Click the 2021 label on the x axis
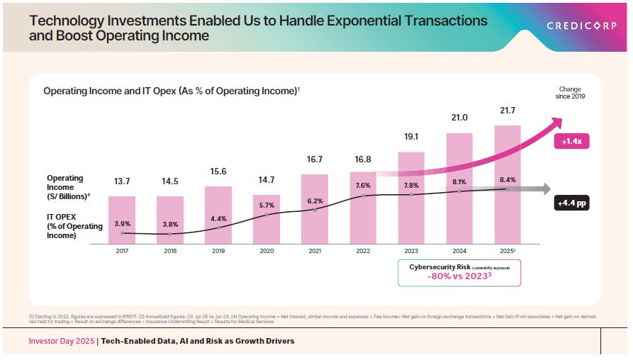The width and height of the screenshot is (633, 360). tap(314, 250)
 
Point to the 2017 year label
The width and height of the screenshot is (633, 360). tap(121, 250)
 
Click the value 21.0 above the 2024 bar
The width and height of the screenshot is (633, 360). tap(459, 118)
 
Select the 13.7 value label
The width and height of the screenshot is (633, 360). tap(122, 181)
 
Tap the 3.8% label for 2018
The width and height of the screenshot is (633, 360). tap(170, 225)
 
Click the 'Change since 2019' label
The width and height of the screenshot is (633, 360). tap(570, 92)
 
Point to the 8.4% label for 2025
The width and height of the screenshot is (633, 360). tap(508, 179)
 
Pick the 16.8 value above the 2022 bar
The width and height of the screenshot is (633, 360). tap(363, 159)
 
